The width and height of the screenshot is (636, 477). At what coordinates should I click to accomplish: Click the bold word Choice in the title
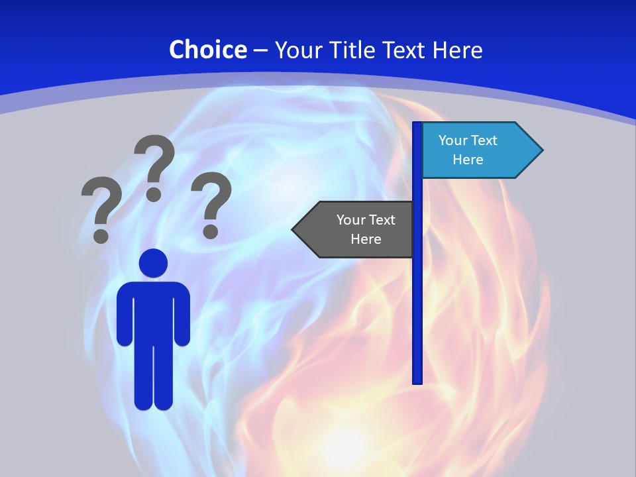click(x=207, y=50)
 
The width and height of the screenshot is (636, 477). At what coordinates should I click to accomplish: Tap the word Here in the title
click(x=457, y=50)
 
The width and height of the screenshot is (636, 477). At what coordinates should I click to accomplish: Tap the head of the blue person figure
click(x=153, y=263)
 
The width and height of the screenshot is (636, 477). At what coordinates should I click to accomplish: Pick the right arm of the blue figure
click(x=183, y=315)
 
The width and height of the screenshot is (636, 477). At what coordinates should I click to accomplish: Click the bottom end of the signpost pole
click(x=417, y=380)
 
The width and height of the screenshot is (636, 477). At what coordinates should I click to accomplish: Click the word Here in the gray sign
click(x=366, y=239)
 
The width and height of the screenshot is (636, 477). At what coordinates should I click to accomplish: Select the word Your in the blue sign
click(x=453, y=140)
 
